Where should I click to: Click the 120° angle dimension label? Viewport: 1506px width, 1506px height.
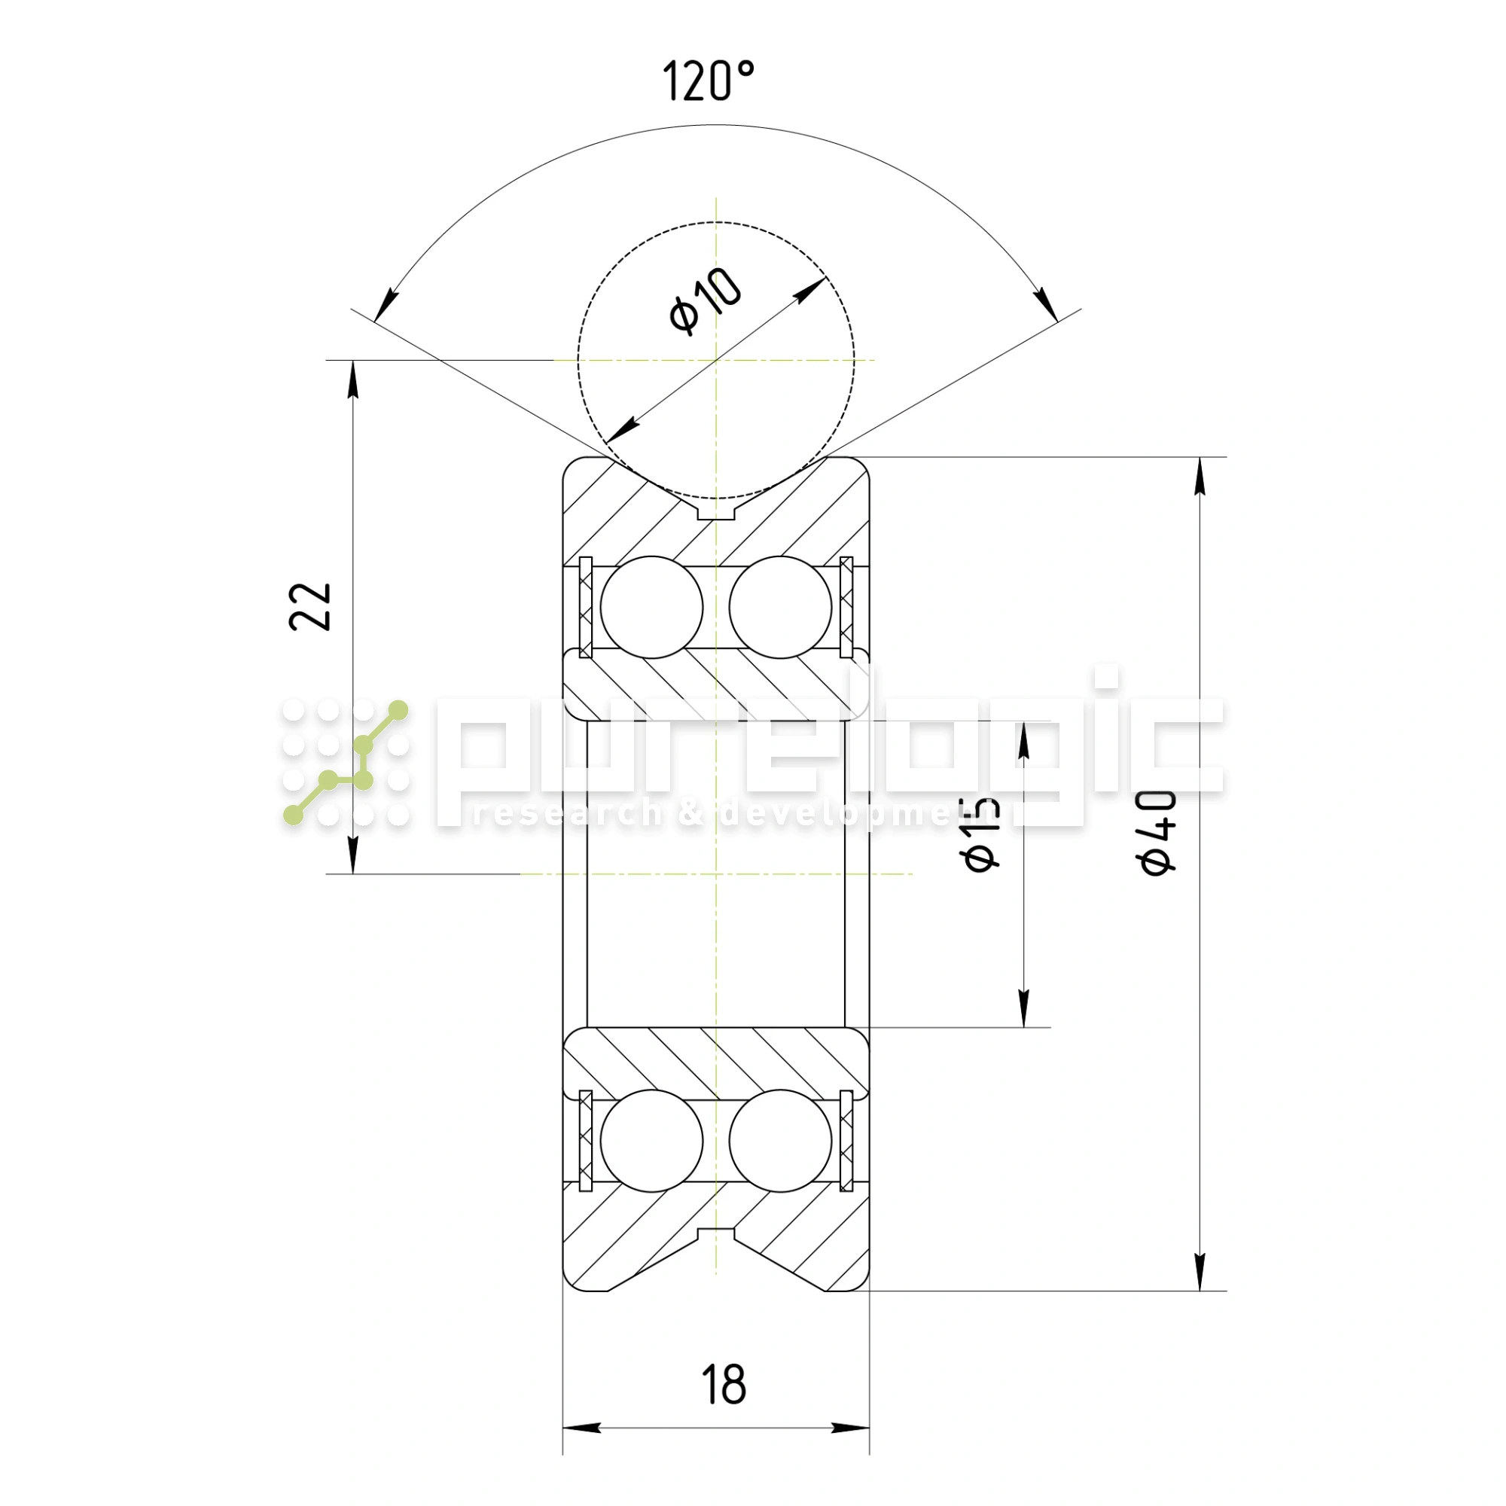tap(708, 81)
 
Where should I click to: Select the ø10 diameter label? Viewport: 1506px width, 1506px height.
tap(706, 301)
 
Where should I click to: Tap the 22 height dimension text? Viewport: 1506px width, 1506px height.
tap(310, 606)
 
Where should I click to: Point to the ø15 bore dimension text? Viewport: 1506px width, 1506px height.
tap(980, 834)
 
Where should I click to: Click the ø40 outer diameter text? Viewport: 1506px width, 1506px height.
tap(1156, 833)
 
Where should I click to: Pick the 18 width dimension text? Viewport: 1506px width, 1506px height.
tap(724, 1385)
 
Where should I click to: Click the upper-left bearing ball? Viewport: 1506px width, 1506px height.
tap(651, 607)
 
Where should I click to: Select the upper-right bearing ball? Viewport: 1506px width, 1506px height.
tap(780, 607)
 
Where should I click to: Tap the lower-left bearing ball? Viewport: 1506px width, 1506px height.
tap(651, 1140)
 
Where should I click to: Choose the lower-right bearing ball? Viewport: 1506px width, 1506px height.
tap(780, 1140)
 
